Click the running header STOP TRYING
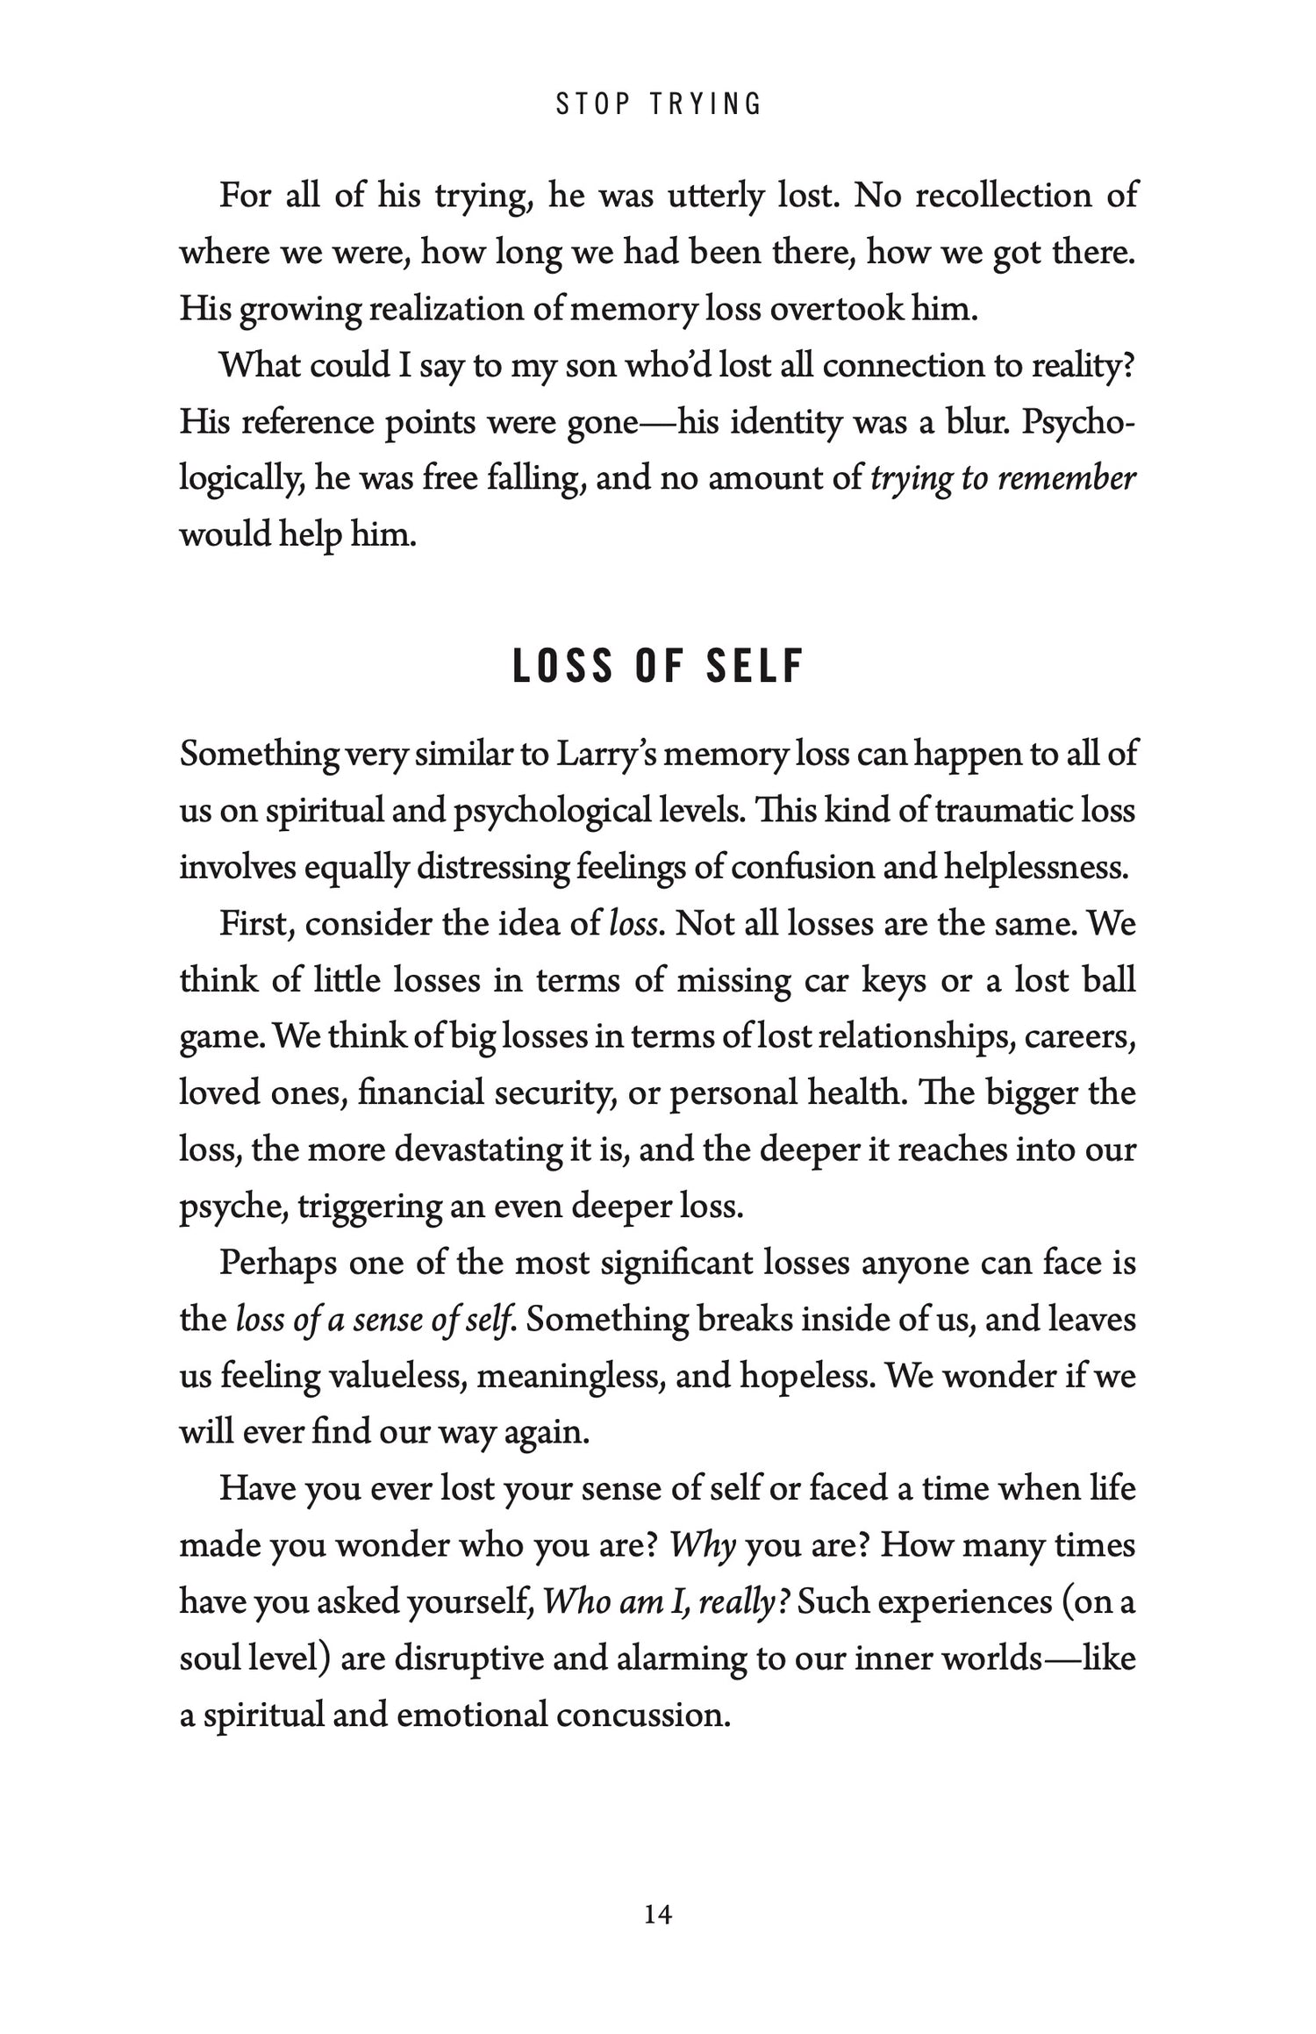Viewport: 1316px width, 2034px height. pyautogui.click(x=658, y=104)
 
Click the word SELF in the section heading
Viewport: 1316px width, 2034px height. pyautogui.click(x=755, y=666)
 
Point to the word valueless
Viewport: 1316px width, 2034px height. pyautogui.click(x=400, y=1376)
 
